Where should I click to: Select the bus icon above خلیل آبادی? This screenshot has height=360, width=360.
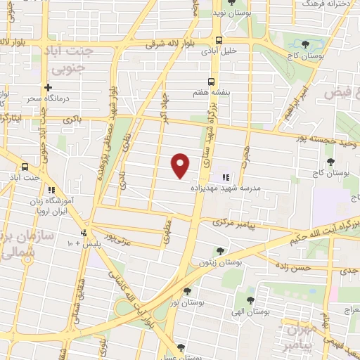[x=219, y=40]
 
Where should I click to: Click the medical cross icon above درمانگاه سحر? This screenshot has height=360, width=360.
[x=48, y=88]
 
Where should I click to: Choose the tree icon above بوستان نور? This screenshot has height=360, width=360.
[x=186, y=290]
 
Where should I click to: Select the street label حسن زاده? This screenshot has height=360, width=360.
[x=292, y=268]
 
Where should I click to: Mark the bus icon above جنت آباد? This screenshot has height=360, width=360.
[x=25, y=167]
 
